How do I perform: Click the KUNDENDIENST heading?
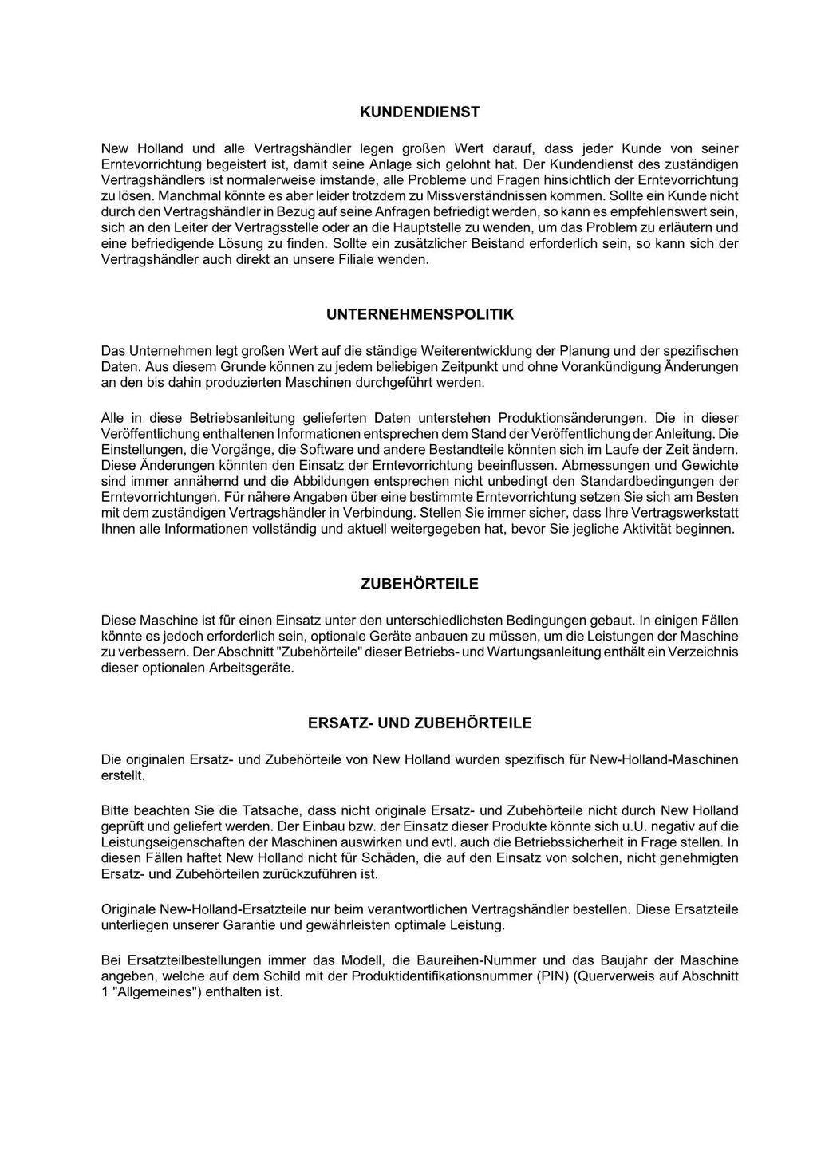[420, 112]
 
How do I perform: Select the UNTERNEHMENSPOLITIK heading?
[420, 315]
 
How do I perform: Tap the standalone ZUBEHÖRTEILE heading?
[420, 584]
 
